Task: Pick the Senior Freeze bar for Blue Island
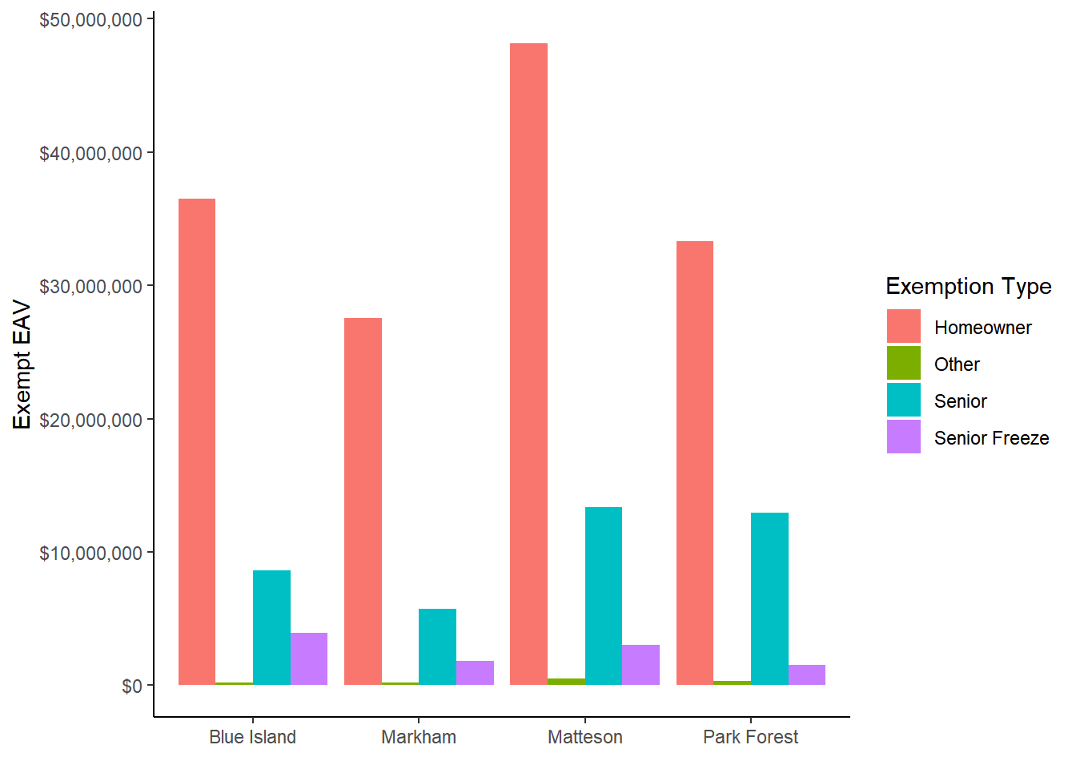click(x=309, y=659)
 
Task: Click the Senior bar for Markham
click(x=437, y=647)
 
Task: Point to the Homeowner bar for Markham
click(x=363, y=501)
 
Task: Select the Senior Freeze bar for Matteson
click(x=640, y=665)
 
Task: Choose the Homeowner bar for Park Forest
click(x=695, y=463)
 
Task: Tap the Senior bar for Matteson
click(x=604, y=596)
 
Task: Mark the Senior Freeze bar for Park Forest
click(x=807, y=675)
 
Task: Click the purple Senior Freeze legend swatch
click(x=904, y=437)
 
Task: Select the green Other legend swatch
click(x=904, y=364)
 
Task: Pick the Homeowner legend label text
click(x=982, y=328)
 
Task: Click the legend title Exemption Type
click(x=968, y=286)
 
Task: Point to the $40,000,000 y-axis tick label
click(x=90, y=153)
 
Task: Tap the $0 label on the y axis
click(x=132, y=686)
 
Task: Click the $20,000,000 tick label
click(x=90, y=420)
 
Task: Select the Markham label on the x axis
click(x=419, y=737)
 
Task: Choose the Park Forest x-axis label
click(x=750, y=737)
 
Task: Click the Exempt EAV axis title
click(x=22, y=364)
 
